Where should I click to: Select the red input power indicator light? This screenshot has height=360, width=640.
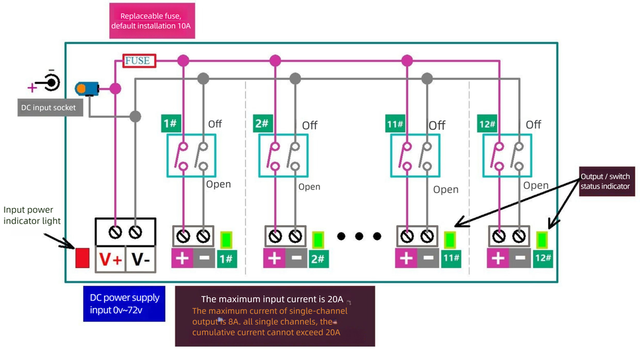click(x=82, y=257)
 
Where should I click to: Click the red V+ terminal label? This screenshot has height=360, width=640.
click(x=110, y=260)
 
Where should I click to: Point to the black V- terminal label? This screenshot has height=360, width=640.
click(x=140, y=260)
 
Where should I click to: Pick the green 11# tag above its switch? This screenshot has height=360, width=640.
click(x=395, y=125)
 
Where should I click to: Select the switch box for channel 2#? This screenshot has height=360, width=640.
click(x=283, y=155)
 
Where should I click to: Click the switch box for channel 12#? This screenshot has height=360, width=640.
click(x=508, y=155)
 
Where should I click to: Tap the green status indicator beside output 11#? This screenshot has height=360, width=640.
click(x=451, y=239)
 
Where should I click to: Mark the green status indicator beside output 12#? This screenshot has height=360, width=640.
click(x=543, y=239)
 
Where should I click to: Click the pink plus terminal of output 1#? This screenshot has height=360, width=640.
click(x=182, y=258)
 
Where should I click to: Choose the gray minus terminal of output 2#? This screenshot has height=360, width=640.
click(x=296, y=258)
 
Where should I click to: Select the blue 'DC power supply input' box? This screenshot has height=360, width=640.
click(x=124, y=304)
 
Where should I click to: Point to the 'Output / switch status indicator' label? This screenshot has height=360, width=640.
click(x=605, y=181)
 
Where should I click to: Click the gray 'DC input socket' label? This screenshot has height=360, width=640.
click(x=47, y=107)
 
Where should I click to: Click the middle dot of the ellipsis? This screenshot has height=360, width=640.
click(x=360, y=236)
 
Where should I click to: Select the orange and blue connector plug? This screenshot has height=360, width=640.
click(x=87, y=88)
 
